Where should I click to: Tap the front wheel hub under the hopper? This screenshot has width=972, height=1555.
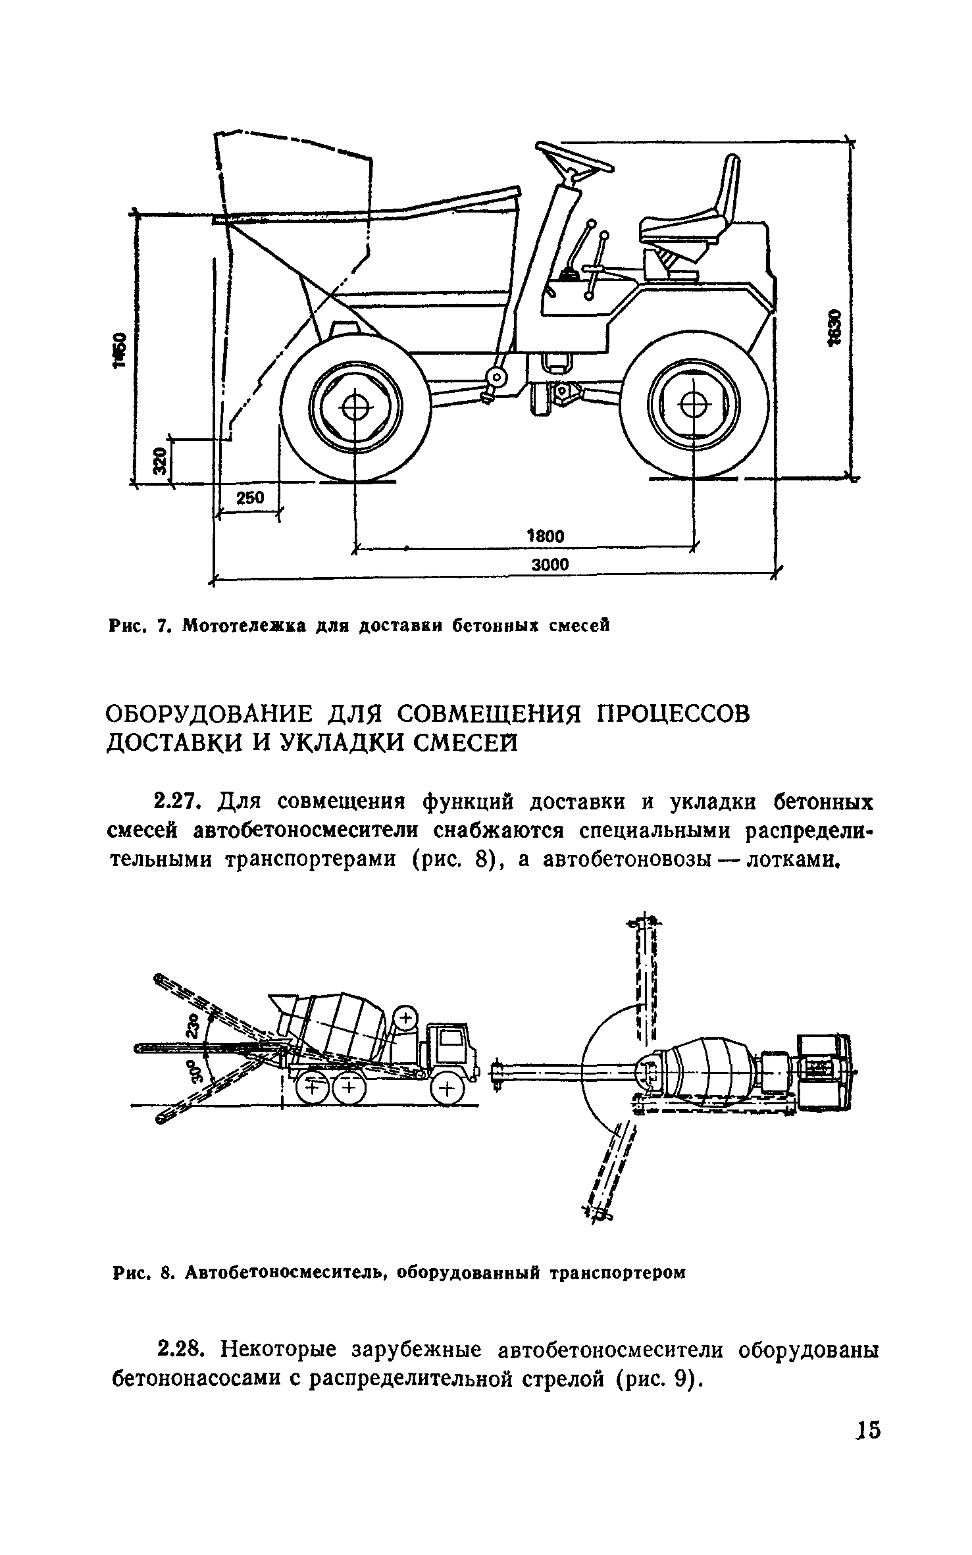(x=355, y=409)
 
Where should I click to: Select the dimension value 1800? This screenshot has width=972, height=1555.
(x=546, y=536)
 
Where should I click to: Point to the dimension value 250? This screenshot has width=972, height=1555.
(x=249, y=498)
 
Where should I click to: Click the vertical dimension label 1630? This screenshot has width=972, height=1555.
(x=834, y=327)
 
